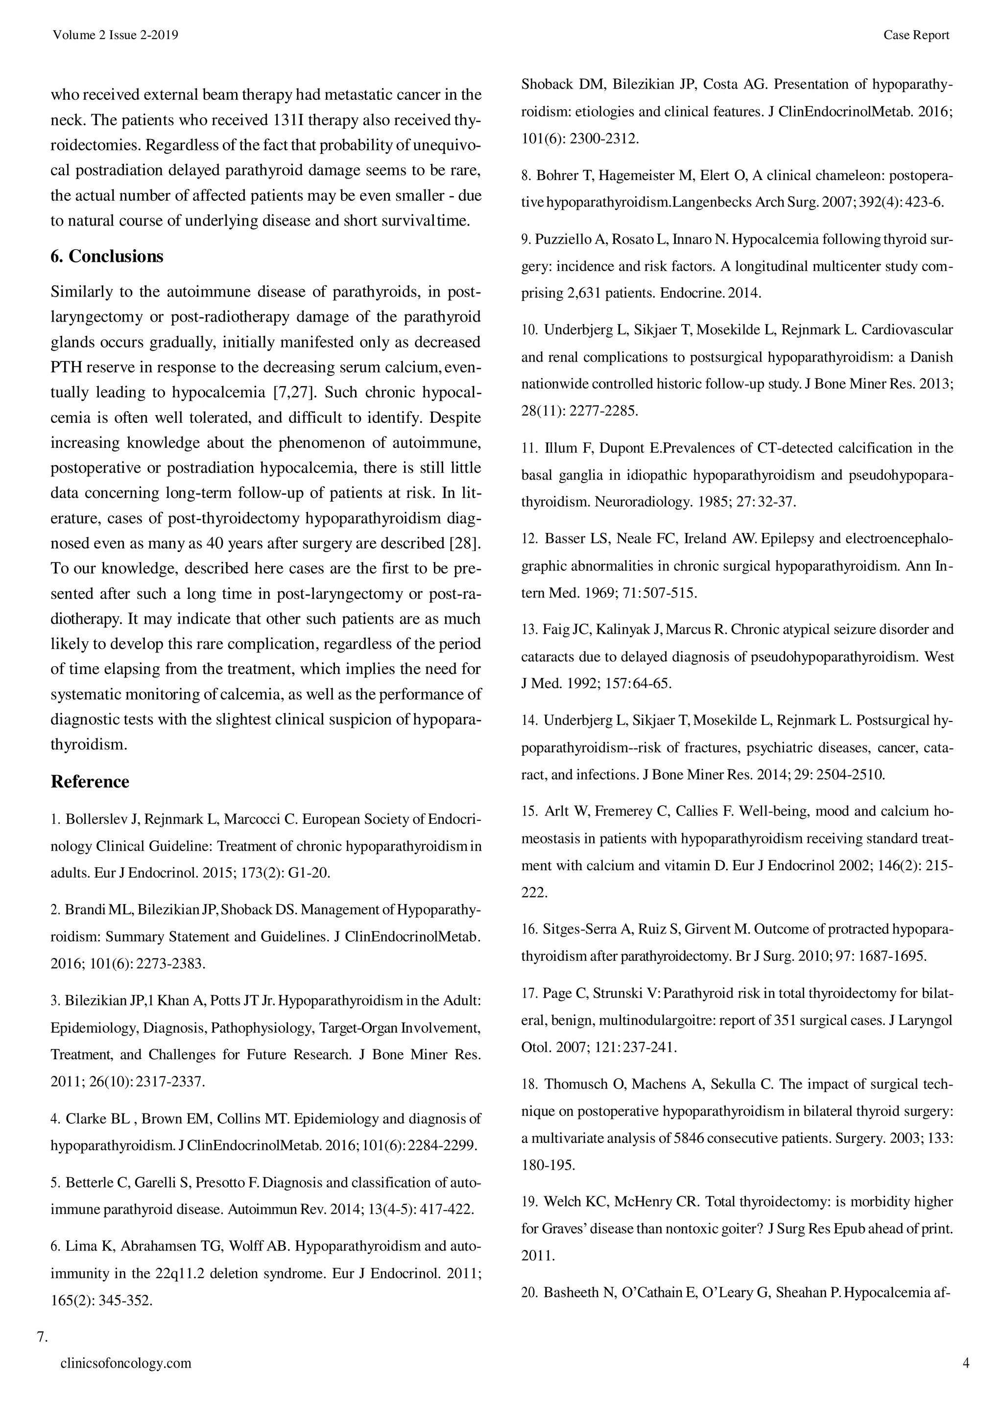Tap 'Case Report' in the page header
click(916, 35)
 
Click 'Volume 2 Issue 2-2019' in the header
click(116, 35)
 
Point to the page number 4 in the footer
click(966, 1363)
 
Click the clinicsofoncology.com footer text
click(126, 1363)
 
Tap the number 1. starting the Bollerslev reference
click(56, 819)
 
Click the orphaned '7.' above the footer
click(43, 1337)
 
